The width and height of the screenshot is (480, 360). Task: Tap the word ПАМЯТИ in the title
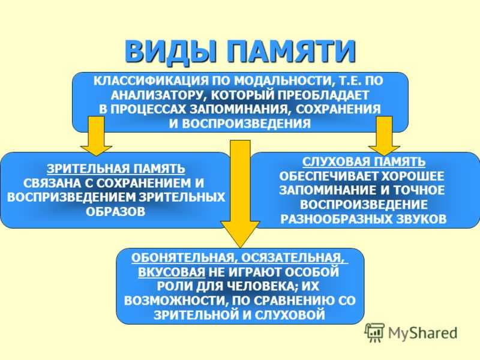[x=292, y=50]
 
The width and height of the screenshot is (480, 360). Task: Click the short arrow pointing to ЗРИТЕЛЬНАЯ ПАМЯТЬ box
[x=96, y=136]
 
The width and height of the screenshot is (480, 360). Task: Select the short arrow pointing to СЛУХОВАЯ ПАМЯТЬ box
[x=384, y=136]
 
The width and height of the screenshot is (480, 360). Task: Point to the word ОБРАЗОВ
[x=116, y=212]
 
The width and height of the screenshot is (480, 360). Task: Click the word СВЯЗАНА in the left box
[x=53, y=183]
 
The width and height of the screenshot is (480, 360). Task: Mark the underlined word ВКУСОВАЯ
[x=172, y=272]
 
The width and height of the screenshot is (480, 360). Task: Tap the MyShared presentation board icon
[x=374, y=332]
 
